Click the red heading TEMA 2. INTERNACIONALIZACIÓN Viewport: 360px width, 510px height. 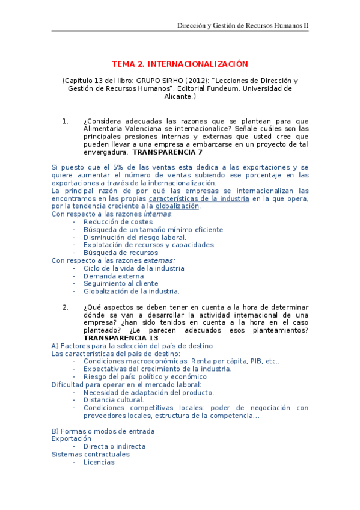180,64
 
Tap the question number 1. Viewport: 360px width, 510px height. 66,121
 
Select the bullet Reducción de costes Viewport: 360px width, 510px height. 118,222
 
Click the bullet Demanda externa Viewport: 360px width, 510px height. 114,276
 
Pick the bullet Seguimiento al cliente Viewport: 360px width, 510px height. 121,284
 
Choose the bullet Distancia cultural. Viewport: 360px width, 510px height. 114,400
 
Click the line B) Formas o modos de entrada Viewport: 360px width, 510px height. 103,431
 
